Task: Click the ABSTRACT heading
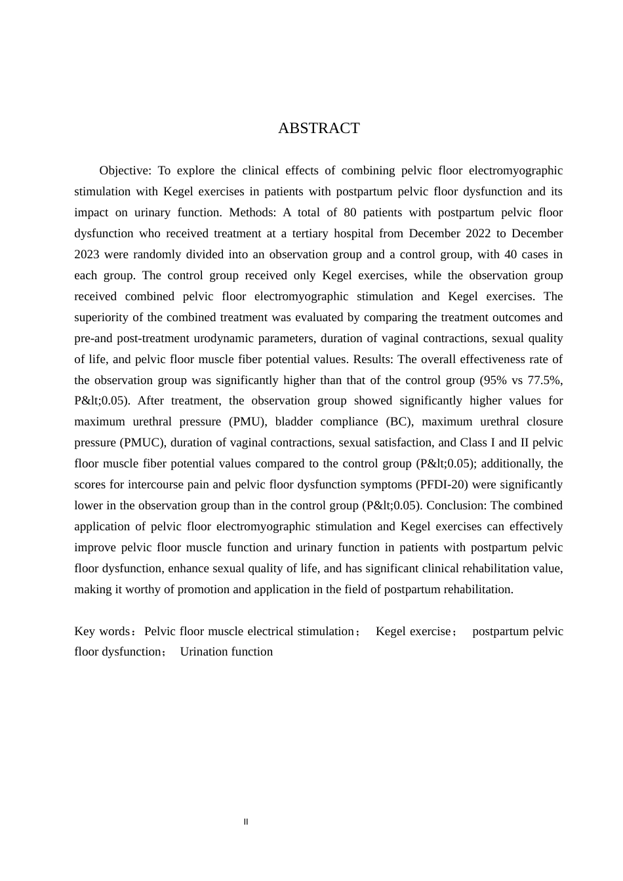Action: click(x=319, y=128)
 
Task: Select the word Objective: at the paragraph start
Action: click(x=125, y=171)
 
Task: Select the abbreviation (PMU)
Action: click(x=247, y=422)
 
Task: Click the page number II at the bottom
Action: click(x=246, y=822)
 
